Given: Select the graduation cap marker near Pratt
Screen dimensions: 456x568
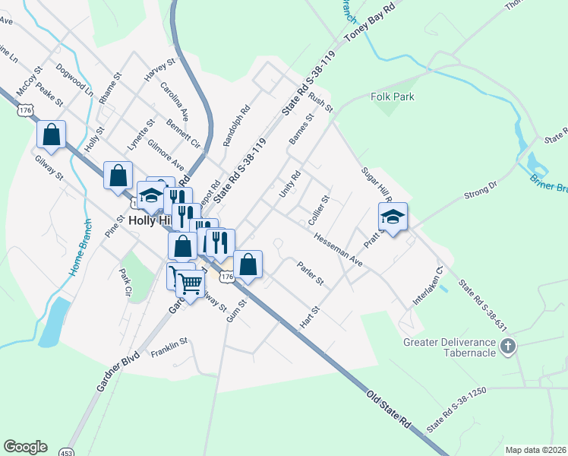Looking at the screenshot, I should pos(393,217).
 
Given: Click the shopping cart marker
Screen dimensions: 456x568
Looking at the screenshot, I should pos(191,283).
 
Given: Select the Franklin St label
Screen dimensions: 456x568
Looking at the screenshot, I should pos(168,349).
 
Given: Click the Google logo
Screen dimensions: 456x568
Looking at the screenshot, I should pos(25,447).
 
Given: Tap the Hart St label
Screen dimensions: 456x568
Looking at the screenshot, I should pos(307,318).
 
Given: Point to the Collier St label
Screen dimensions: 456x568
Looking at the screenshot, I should pos(318,209).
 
